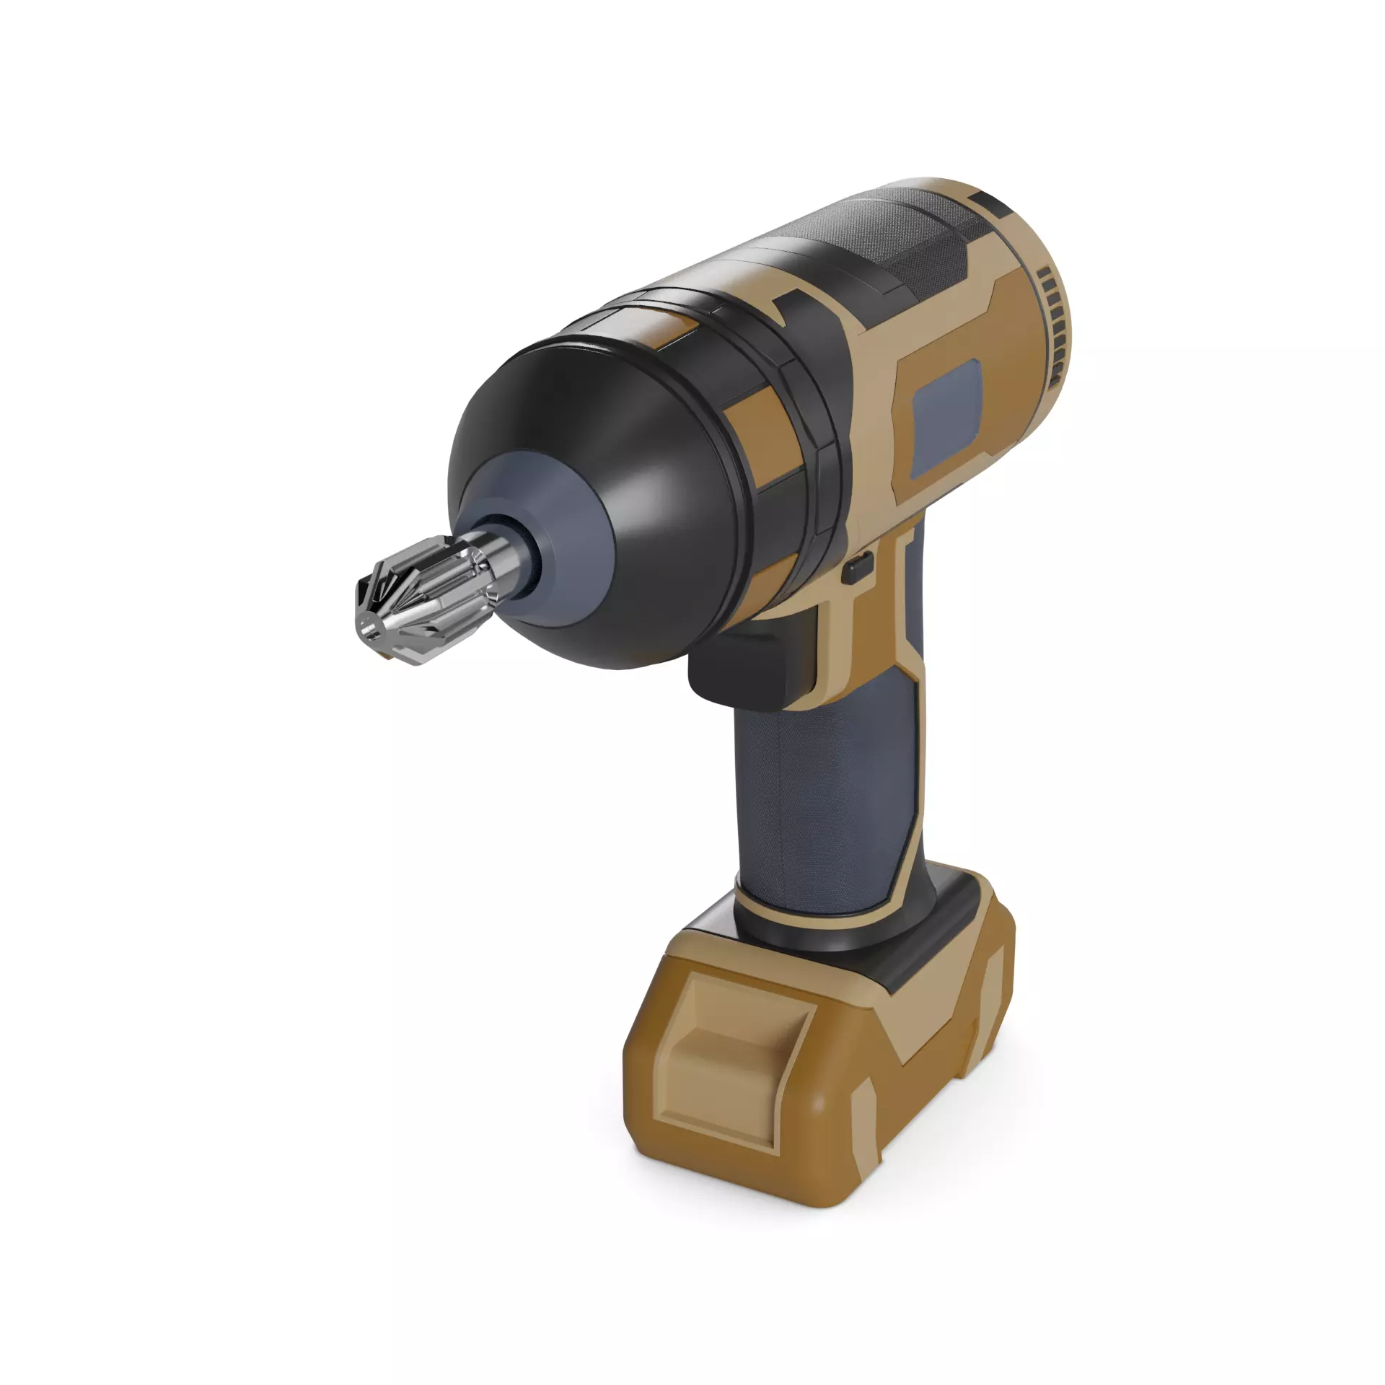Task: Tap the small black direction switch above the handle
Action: click(858, 568)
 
